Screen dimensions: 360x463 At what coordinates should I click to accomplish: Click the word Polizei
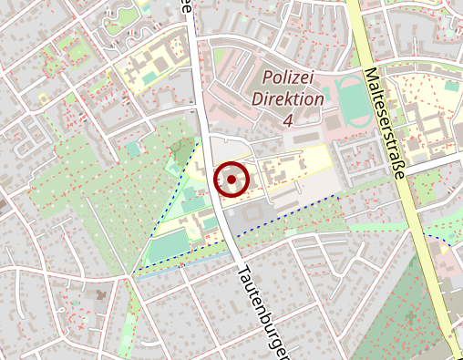289,78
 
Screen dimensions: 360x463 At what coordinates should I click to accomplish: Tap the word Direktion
289,98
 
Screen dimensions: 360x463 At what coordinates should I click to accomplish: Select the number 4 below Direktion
289,119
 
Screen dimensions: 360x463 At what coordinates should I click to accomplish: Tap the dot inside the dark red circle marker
231,180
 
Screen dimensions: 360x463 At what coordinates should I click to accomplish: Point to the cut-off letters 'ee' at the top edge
186,7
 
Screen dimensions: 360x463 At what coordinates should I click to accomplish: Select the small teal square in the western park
134,149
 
